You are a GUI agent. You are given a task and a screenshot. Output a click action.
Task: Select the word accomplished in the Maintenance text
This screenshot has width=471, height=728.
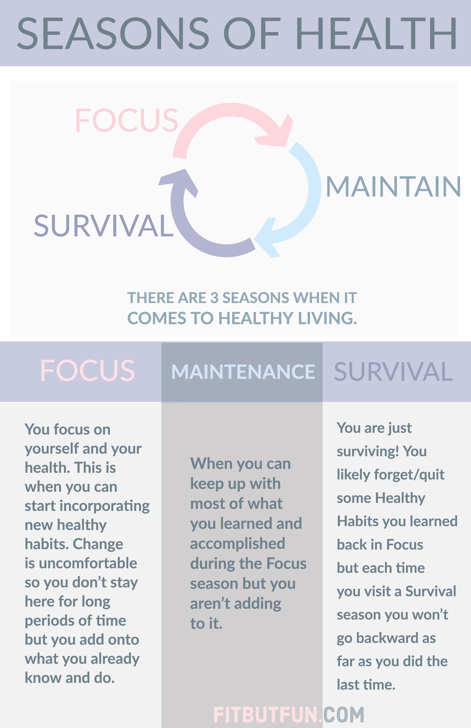point(238,544)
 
